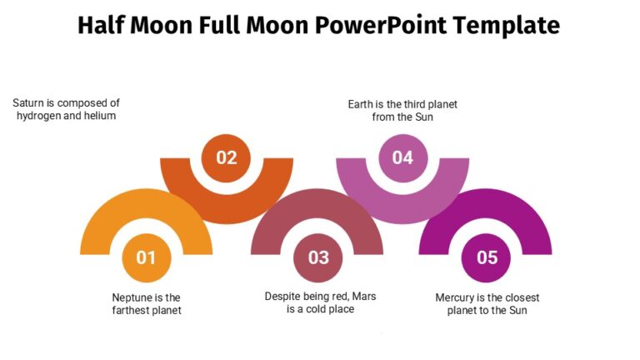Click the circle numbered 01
pyautogui.click(x=146, y=257)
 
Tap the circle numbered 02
pyautogui.click(x=227, y=157)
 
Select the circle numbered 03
pyautogui.click(x=318, y=257)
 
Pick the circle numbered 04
pyautogui.click(x=402, y=157)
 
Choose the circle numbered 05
pyautogui.click(x=487, y=257)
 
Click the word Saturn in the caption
pyautogui.click(x=28, y=103)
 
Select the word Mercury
pyautogui.click(x=459, y=297)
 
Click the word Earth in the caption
pyautogui.click(x=361, y=104)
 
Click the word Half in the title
pyautogui.click(x=102, y=26)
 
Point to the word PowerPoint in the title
pyautogui.click(x=380, y=26)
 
